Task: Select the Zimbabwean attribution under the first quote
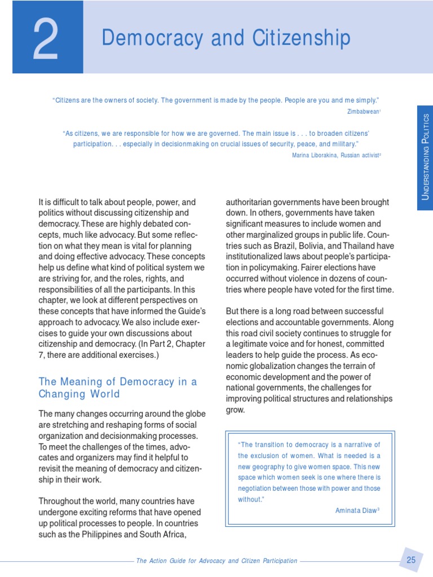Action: point(364,111)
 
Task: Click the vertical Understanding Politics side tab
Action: point(425,157)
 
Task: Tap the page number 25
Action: point(410,560)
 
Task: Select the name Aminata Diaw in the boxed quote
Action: point(356,510)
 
